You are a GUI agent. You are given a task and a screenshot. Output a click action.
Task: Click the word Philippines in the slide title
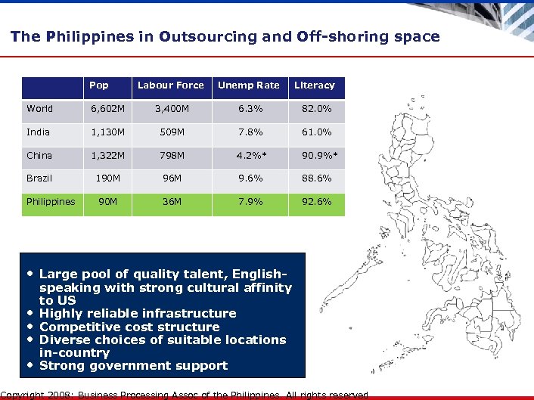70,36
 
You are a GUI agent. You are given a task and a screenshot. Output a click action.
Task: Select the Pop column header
99,85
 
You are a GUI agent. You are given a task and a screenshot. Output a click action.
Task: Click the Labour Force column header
170,85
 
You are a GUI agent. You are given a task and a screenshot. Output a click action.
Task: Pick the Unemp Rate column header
248,85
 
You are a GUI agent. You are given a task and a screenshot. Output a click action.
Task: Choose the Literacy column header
315,85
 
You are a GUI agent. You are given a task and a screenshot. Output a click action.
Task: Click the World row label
40,109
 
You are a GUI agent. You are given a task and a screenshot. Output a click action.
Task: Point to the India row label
39,132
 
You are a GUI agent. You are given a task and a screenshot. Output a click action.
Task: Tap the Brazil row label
39,178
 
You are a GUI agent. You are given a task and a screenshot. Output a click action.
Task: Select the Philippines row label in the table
51,202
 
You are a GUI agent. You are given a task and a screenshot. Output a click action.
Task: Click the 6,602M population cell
108,109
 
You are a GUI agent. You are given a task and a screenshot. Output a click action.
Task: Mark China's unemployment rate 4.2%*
248,156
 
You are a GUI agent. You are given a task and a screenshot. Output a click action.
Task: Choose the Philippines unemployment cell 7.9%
248,202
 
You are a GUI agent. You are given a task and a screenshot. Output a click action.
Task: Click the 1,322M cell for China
108,156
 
